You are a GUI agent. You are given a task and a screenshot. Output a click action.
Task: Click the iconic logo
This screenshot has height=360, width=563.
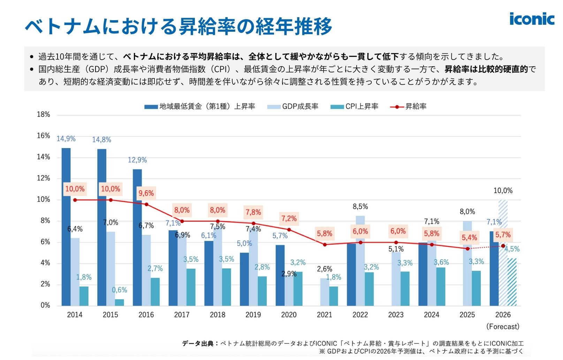pos(532,19)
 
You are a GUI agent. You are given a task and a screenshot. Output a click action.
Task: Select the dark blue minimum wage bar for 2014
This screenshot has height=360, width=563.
pos(66,227)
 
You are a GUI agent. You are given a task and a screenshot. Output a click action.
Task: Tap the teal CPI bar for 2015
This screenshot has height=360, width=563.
pos(119,302)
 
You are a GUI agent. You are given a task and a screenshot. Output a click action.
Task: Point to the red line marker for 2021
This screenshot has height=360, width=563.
pos(325,245)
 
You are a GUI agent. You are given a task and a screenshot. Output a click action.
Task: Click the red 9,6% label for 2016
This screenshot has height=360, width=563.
pos(146,193)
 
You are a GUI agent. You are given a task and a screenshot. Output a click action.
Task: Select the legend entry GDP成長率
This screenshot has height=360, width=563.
pos(293,107)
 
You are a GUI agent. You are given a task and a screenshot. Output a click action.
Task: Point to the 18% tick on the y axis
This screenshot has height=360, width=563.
pos(44,115)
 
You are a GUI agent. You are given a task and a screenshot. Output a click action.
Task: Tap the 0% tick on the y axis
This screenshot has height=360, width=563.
pos(45,306)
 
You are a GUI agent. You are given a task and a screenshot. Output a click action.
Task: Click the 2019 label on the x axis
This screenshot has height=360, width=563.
pos(253,315)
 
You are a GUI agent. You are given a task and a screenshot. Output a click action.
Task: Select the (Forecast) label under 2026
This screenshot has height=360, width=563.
pos(503,327)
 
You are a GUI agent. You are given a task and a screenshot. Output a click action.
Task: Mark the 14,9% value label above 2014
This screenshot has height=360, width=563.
pos(66,139)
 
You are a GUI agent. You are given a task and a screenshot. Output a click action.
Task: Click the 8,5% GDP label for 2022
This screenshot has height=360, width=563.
pos(360,207)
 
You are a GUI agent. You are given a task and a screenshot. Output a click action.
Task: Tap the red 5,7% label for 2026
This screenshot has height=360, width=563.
pos(503,235)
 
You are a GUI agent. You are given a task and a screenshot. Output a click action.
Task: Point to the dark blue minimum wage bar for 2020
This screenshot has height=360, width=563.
pos(280,275)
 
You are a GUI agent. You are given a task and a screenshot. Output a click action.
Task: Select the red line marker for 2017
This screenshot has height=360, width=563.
pos(182,221)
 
